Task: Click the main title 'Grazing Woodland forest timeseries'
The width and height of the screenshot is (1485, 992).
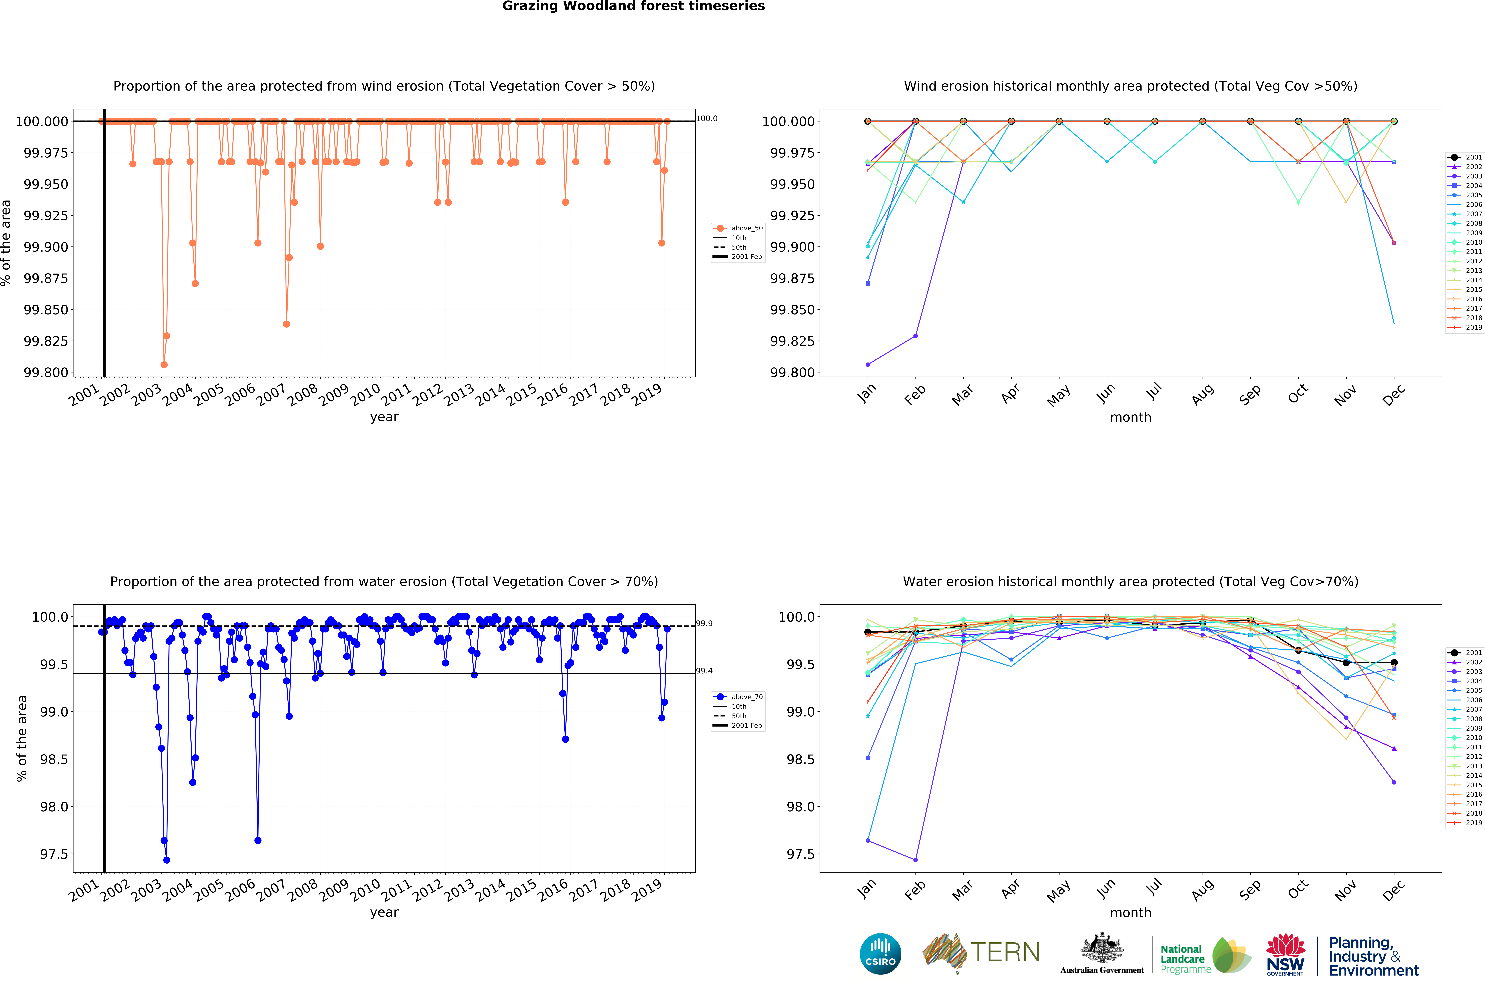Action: pyautogui.click(x=633, y=6)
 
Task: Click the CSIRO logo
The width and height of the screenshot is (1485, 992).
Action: pyautogui.click(x=880, y=953)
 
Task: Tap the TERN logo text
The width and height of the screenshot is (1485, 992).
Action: pyautogui.click(x=1005, y=952)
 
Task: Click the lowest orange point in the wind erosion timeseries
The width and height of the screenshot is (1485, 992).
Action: pyautogui.click(x=164, y=364)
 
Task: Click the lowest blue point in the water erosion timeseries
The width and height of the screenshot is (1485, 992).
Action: pyautogui.click(x=166, y=860)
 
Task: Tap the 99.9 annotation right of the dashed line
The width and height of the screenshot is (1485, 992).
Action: pyautogui.click(x=704, y=623)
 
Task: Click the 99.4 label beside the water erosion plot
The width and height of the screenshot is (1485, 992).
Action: pyautogui.click(x=704, y=671)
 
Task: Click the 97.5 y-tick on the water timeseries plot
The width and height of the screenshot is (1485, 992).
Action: pyautogui.click(x=54, y=854)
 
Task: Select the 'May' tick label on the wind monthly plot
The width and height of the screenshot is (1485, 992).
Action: pyautogui.click(x=1059, y=395)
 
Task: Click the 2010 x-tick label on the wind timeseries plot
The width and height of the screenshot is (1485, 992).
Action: pyautogui.click(x=366, y=395)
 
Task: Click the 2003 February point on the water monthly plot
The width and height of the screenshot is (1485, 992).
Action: pyautogui.click(x=915, y=860)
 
